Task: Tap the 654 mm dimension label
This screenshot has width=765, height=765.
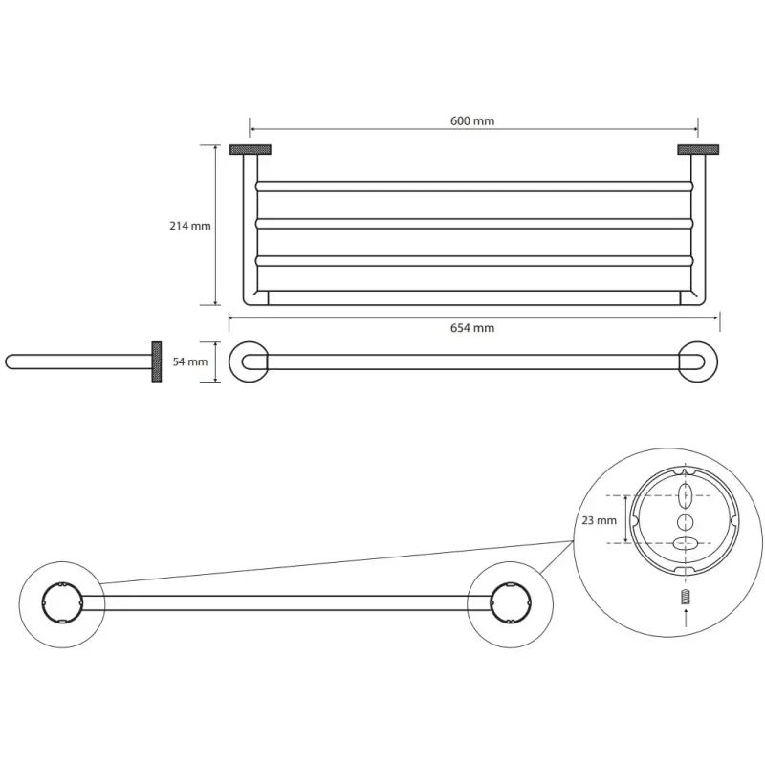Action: coord(472,328)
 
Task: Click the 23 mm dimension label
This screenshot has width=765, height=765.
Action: coord(599,521)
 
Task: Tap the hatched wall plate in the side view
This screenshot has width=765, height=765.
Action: coord(154,361)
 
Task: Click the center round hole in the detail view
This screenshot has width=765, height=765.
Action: coord(686,520)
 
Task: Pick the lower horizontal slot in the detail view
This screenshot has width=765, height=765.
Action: coord(686,543)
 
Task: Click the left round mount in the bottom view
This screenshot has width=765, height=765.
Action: coord(57,604)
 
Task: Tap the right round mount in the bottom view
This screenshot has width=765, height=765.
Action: coord(508,604)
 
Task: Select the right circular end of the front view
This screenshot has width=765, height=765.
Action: coord(694,361)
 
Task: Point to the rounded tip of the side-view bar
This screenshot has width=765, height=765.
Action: coord(11,361)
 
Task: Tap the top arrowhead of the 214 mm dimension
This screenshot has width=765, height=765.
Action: coord(214,147)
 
